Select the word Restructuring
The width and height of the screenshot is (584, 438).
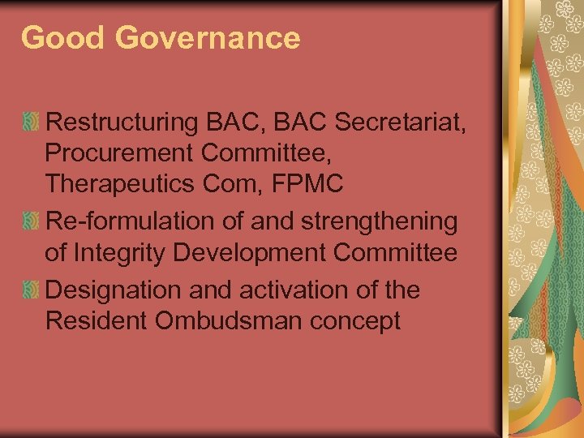point(122,122)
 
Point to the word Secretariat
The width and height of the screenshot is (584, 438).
point(401,122)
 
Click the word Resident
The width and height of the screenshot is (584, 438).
point(97,320)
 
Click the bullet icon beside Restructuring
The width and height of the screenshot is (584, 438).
point(31,123)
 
